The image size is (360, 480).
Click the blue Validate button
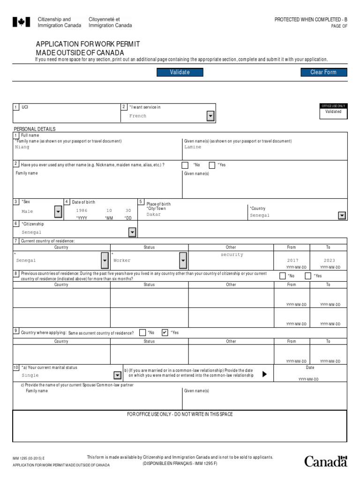point(180,72)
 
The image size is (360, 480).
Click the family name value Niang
point(22,147)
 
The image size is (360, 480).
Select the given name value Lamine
point(193,147)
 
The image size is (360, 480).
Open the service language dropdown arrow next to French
point(210,116)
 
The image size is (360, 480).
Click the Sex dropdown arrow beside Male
point(58,212)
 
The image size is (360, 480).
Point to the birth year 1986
point(82,211)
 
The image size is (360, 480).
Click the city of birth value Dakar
point(154,215)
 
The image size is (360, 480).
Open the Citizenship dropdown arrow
point(132,232)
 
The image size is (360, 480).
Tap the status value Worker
point(122,261)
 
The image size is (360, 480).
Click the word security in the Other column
point(232,255)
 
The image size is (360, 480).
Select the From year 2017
point(292,261)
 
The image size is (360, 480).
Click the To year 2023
point(329,261)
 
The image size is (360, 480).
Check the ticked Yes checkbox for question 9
point(165,333)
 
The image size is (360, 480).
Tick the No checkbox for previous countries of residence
point(283,276)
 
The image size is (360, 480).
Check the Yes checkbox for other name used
point(212,165)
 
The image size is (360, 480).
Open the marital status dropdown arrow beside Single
point(117,375)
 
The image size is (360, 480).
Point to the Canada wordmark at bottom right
point(326,462)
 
